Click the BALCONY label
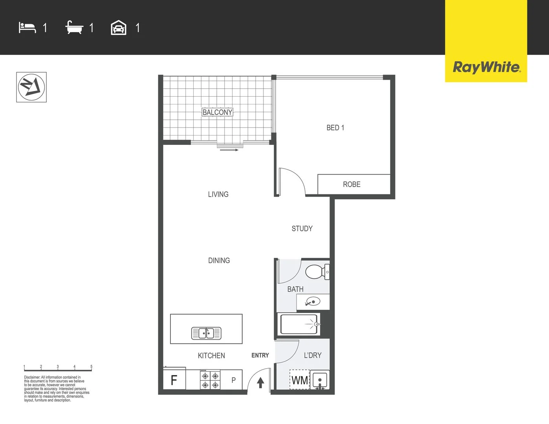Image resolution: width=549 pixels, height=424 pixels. coord(217,112)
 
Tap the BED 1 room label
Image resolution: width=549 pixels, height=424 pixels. coord(335,128)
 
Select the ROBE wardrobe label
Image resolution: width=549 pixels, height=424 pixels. coord(352,185)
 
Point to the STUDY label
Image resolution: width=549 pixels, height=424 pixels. coord(302,228)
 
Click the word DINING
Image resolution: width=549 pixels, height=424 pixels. coord(219,260)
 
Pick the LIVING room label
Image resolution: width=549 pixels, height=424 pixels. coord(218,194)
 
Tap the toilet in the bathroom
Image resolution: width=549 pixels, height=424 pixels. coord(317,272)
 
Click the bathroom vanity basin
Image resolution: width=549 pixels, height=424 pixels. coord(313,301)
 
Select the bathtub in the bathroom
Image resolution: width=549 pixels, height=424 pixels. coord(299,324)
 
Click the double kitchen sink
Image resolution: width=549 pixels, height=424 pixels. coord(206,333)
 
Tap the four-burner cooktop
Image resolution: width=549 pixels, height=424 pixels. coord(210,380)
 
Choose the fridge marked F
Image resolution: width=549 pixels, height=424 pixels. coord(174,380)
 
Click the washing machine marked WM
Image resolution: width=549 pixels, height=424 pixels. coord(300,380)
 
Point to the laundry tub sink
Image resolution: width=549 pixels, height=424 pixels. coord(320,380)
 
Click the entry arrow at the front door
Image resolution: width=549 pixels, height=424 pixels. coord(260,383)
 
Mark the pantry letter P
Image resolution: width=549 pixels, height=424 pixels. coord(234,380)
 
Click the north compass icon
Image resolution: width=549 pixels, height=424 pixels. coord(31,87)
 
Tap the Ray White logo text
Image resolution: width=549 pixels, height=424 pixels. coord(487,68)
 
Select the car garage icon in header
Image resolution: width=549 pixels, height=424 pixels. coord(119,27)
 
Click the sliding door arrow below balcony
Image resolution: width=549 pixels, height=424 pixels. coord(229,150)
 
